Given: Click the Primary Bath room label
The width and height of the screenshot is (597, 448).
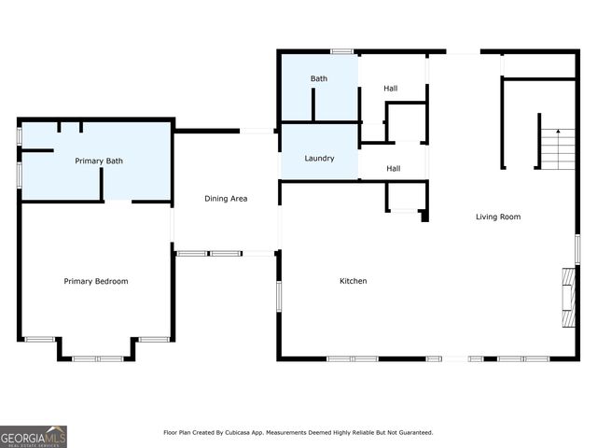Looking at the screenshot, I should click(x=99, y=161).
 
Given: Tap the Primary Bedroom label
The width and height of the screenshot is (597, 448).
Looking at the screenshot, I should click(x=96, y=281).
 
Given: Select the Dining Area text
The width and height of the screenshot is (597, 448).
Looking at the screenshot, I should click(x=226, y=198).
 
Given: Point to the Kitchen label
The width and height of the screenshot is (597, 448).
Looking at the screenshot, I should click(x=353, y=281).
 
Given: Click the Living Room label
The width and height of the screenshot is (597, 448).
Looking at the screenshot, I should click(x=498, y=217).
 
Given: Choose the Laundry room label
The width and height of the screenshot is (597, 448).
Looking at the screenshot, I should click(x=319, y=158).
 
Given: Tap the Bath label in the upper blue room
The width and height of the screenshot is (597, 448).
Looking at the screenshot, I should click(x=319, y=78).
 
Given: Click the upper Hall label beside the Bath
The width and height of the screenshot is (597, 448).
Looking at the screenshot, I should click(x=392, y=88).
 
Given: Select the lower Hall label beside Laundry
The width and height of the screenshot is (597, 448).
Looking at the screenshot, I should click(x=394, y=168).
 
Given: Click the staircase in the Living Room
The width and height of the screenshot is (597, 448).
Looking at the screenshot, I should click(x=559, y=150).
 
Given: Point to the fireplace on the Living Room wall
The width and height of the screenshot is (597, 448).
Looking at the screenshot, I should click(x=567, y=297).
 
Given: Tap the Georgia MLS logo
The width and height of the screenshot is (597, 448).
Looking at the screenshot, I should click(x=34, y=436).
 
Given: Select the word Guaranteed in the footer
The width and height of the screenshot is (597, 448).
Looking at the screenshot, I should click(x=414, y=433).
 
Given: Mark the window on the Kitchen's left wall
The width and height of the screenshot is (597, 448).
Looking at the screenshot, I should click(x=279, y=296).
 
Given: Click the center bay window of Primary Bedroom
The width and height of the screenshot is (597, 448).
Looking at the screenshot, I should click(x=98, y=358).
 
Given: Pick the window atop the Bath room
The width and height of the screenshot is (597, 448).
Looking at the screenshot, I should click(x=341, y=50).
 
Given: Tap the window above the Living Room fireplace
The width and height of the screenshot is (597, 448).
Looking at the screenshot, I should click(x=577, y=248).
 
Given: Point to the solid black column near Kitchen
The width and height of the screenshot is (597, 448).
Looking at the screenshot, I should click(x=424, y=217).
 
